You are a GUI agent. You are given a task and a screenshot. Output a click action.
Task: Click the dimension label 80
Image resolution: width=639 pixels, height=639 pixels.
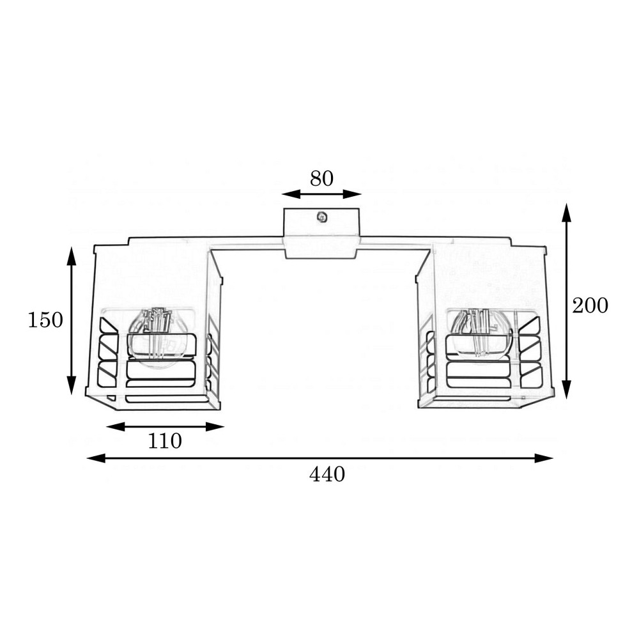321,178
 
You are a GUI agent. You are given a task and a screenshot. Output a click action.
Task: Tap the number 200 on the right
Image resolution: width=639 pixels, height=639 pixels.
590,305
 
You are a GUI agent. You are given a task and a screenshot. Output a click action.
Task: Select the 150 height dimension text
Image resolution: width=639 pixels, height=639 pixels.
45,319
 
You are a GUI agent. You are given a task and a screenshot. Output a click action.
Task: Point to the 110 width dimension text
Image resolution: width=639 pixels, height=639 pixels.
165,441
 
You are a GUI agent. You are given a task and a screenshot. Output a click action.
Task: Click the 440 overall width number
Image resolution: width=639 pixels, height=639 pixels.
327,474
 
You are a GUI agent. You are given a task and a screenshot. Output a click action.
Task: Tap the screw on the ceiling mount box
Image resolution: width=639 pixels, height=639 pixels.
322,217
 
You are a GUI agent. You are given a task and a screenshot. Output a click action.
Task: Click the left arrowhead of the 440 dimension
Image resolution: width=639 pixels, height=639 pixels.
96,458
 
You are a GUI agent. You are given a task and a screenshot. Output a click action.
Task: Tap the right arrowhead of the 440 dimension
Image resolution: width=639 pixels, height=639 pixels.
544,458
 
